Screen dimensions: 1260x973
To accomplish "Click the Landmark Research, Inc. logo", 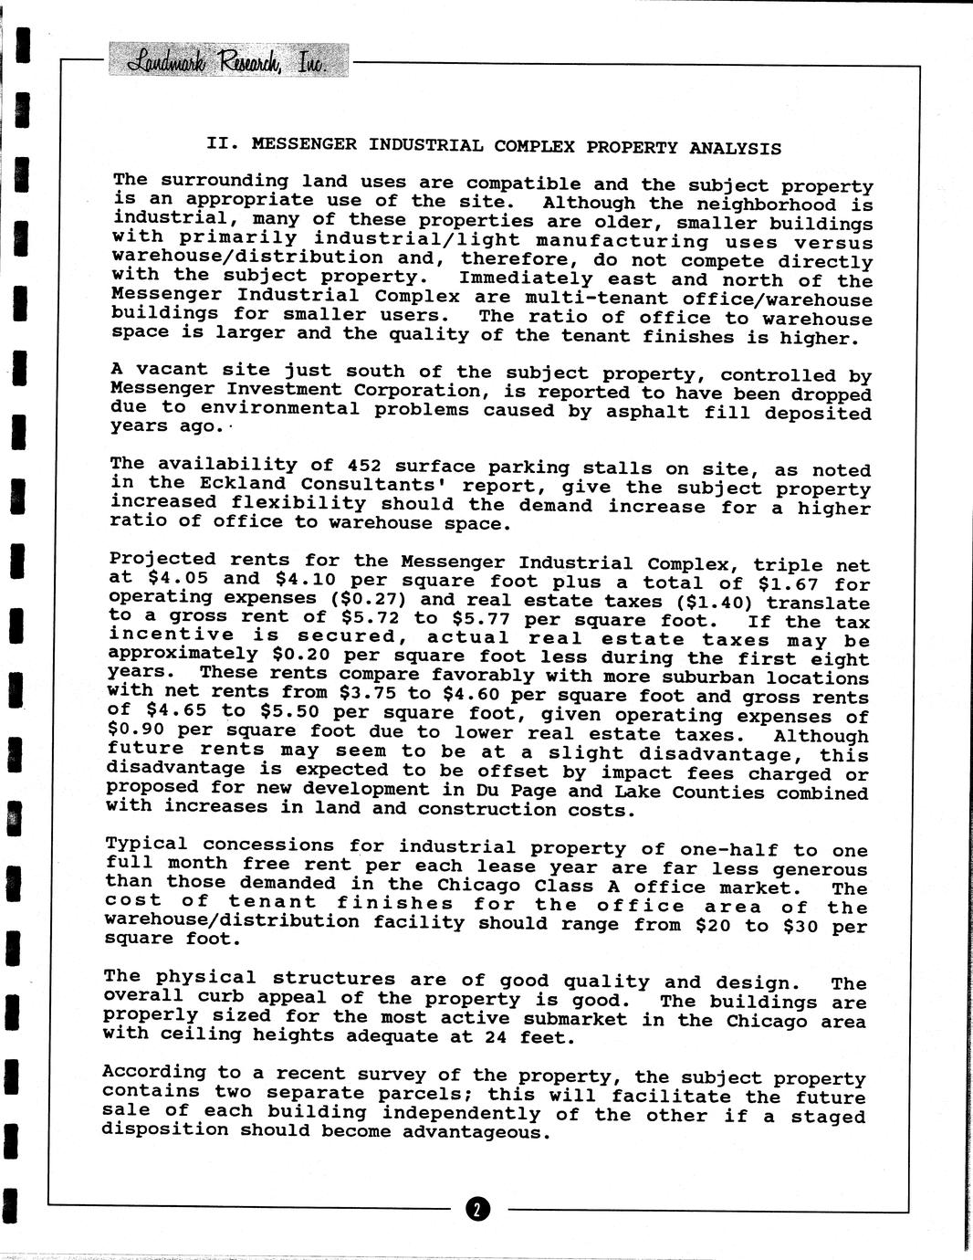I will tap(228, 61).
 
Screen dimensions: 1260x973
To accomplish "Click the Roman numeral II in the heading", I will tap(218, 143).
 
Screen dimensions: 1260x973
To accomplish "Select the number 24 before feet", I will tap(510, 1037).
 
